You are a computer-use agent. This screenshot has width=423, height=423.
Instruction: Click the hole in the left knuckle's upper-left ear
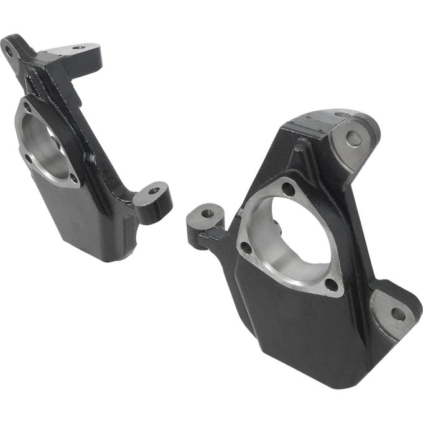[x=9, y=52]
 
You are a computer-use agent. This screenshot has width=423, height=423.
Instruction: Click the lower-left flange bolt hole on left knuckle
[x=28, y=157]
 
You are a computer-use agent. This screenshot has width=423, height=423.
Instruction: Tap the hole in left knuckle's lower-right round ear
[x=154, y=190]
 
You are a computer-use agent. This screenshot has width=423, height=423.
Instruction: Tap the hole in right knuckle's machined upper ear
[x=354, y=139]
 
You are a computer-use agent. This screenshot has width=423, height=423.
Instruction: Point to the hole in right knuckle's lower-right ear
[x=398, y=314]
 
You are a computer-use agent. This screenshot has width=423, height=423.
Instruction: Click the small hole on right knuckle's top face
[x=341, y=114]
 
